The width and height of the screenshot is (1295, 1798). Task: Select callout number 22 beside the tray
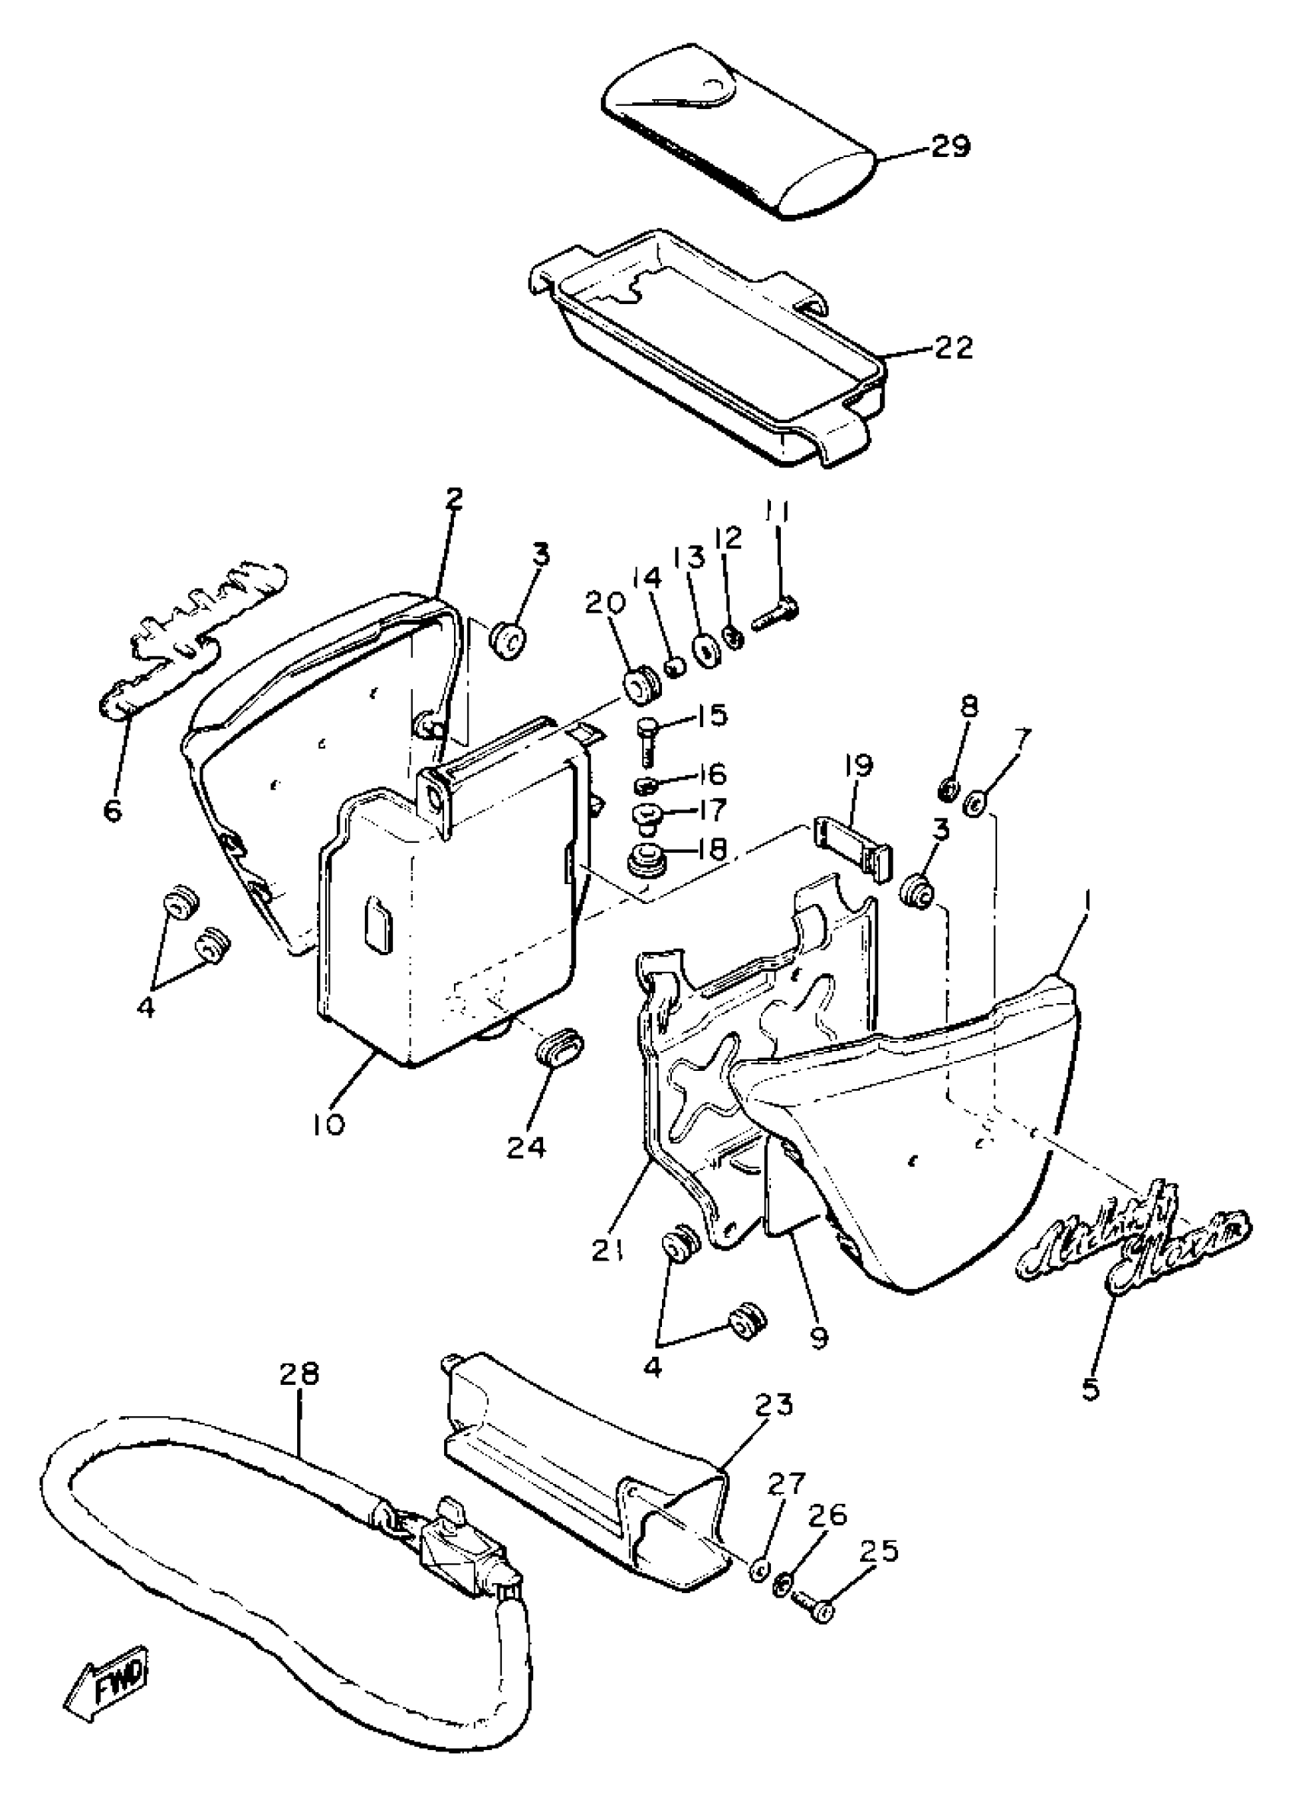(954, 348)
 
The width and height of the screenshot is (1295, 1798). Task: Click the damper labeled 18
(647, 861)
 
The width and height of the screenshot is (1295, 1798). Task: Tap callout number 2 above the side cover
(453, 500)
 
